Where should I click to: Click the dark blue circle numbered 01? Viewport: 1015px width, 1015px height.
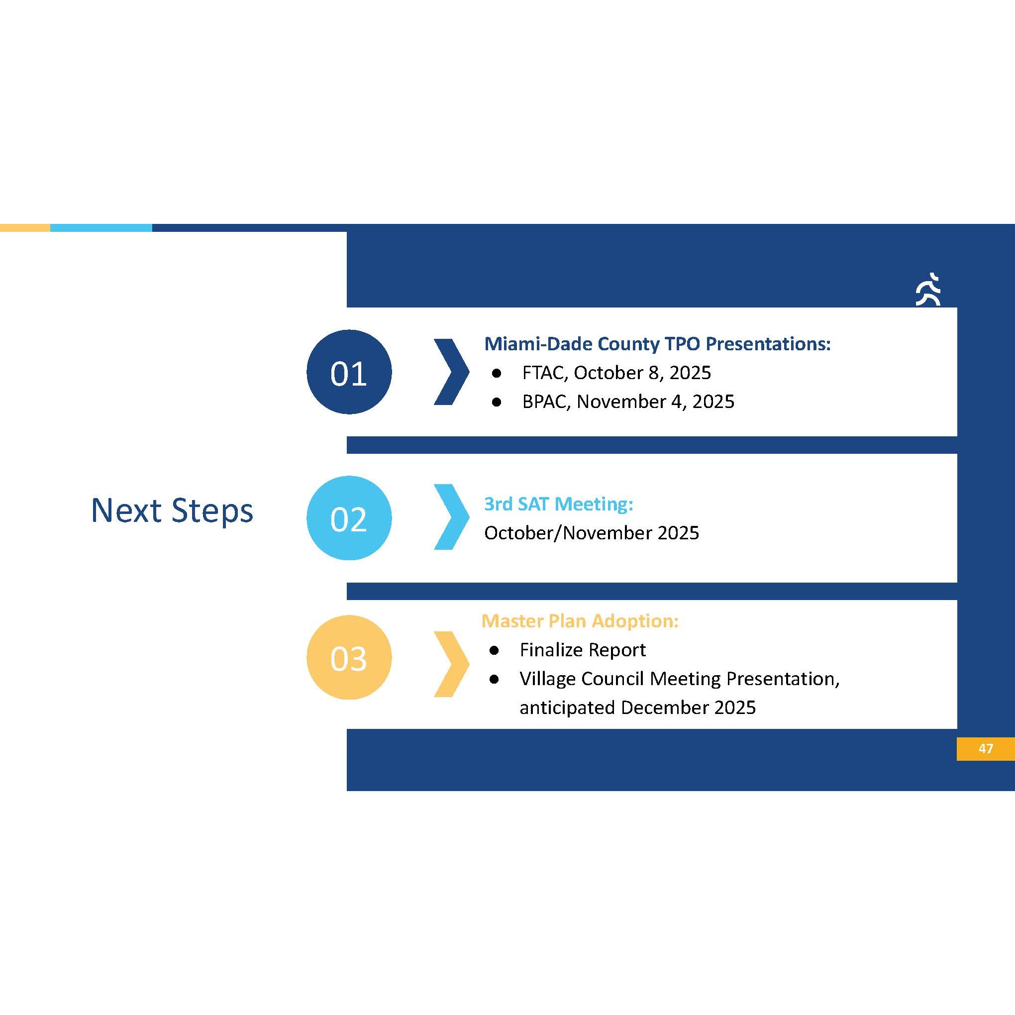tap(349, 372)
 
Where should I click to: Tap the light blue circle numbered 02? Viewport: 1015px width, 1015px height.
tap(349, 518)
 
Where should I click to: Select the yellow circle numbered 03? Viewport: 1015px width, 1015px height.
tap(349, 657)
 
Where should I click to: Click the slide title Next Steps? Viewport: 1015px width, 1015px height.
tap(172, 510)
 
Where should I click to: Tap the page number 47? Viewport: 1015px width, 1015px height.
tap(986, 748)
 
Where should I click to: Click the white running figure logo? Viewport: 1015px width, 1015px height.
tap(928, 289)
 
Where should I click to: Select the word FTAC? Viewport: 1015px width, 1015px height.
tap(546, 373)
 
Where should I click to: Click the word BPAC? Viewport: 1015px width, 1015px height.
tap(546, 402)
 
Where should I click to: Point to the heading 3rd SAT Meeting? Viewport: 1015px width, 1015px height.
tap(558, 505)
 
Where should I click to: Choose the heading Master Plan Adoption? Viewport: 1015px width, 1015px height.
tap(580, 621)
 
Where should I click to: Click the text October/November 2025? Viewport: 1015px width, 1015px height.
tap(592, 533)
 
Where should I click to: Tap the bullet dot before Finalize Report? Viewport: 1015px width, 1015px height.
tap(494, 651)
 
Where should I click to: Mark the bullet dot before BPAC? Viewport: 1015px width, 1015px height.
tap(497, 403)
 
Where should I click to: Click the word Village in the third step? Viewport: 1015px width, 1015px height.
tap(548, 679)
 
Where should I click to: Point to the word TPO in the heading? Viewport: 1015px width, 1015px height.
tap(683, 344)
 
